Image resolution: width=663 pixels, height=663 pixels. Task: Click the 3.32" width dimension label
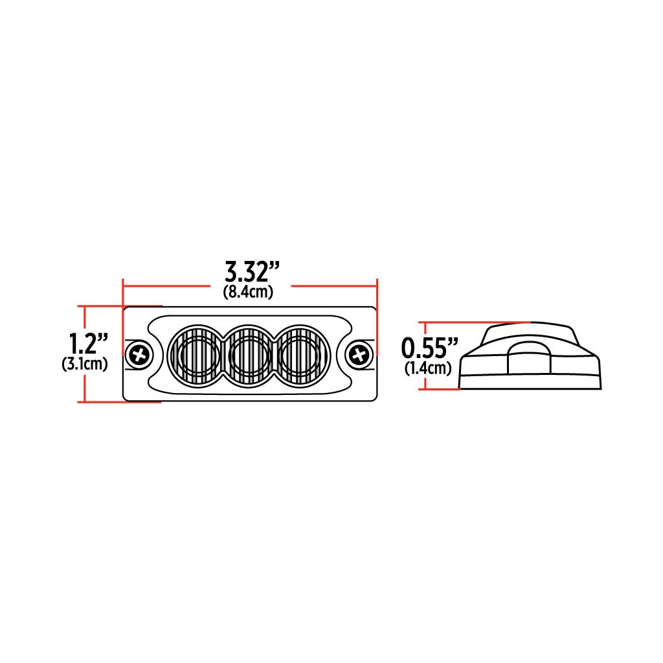pos(252,270)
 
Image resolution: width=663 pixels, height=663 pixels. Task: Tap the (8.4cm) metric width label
pos(248,292)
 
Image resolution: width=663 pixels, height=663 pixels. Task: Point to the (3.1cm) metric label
pos(85,364)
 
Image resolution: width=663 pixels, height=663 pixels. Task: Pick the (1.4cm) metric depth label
pos(428,369)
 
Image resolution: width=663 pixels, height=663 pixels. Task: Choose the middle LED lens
pos(249,354)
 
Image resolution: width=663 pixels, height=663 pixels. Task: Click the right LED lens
pos(303,354)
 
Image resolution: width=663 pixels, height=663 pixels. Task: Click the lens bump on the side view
pos(530,358)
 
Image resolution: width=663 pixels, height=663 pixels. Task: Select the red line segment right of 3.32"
pos(333,284)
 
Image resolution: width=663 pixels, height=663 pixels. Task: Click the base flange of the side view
pos(531,382)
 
